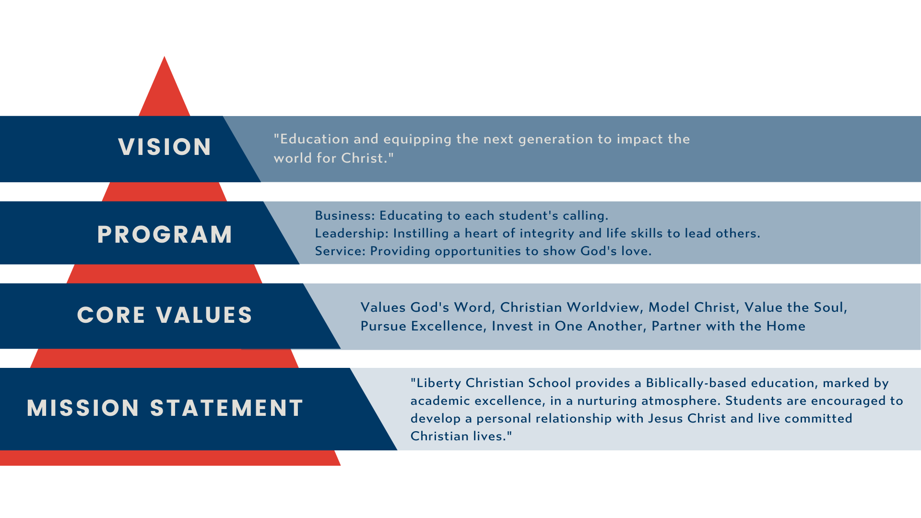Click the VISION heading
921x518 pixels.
pyautogui.click(x=165, y=147)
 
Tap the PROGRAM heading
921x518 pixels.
pyautogui.click(x=165, y=235)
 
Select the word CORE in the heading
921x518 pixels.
pyautogui.click(x=111, y=315)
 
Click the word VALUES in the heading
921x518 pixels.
pyautogui.click(x=204, y=315)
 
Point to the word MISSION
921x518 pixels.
pyautogui.click(x=83, y=408)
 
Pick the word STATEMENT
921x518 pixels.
pyautogui.click(x=226, y=408)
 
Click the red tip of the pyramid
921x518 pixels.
pyautogui.click(x=165, y=57)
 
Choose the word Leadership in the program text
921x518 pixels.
pyautogui.click(x=350, y=234)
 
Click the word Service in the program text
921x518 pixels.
pyautogui.click(x=341, y=251)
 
